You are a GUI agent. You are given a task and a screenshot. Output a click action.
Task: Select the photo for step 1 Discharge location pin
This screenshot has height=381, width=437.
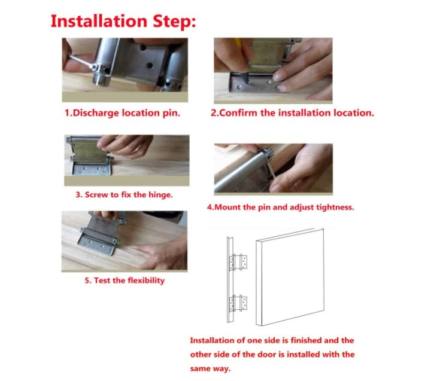[125, 69]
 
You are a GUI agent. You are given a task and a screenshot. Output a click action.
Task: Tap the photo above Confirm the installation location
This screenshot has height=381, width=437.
[273, 69]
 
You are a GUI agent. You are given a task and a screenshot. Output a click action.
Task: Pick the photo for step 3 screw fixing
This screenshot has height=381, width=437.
[126, 161]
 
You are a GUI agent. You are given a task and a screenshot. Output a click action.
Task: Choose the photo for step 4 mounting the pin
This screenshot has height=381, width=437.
[273, 168]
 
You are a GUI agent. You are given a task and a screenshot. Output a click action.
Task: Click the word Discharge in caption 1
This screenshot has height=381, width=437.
[97, 112]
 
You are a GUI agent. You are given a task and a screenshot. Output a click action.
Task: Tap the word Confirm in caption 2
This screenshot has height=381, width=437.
[239, 112]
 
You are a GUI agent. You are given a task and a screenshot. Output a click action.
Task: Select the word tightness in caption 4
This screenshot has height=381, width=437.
[335, 208]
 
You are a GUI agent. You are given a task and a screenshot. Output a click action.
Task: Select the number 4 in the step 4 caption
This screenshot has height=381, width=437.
[210, 208]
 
